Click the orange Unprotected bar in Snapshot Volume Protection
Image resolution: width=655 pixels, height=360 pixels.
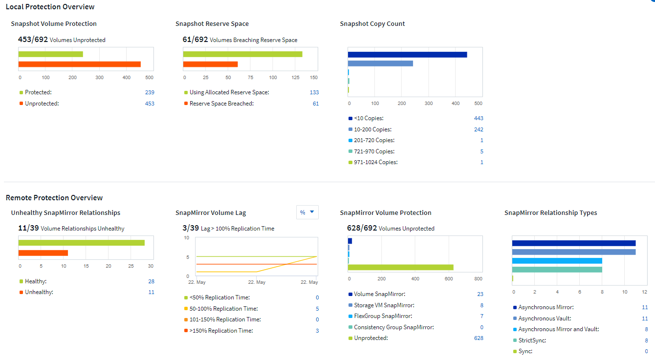point(80,64)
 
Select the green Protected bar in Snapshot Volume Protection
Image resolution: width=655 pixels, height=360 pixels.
point(51,54)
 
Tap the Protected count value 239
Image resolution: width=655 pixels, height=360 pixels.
point(150,92)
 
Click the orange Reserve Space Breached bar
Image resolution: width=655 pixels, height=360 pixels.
point(211,64)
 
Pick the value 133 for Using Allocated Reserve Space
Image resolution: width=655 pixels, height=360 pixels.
point(314,92)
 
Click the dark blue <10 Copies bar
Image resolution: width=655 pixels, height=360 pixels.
point(407,54)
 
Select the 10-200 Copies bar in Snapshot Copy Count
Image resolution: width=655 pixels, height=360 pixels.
point(380,63)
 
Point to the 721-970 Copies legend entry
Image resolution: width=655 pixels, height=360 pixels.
point(374,151)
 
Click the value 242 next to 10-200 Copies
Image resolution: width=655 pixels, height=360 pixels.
point(479,129)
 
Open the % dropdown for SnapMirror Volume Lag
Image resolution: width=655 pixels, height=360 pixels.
point(307,212)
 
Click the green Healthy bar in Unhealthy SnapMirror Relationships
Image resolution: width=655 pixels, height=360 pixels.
point(82,243)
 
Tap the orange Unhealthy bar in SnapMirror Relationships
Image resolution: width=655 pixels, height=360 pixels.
point(43,253)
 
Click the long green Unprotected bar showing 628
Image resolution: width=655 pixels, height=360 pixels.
point(401,267)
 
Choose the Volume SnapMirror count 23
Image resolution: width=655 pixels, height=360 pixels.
point(480,294)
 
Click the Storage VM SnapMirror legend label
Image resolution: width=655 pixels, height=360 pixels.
point(384,305)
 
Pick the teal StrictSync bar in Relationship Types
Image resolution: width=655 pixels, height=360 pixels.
point(557,269)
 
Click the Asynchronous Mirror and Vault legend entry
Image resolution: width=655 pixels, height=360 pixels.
point(558,329)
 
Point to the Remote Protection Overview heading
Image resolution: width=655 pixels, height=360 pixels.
point(54,198)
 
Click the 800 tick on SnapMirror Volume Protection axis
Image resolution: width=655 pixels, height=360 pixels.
point(478,279)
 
